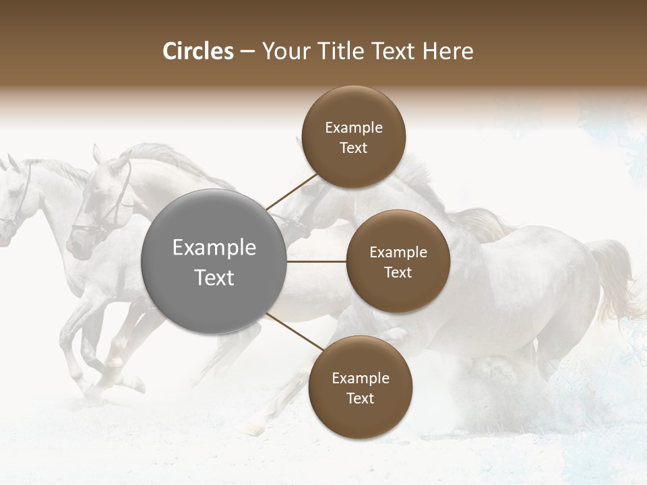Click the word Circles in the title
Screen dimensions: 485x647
click(x=197, y=51)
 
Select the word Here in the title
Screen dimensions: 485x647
click(x=448, y=51)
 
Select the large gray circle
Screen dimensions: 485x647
click(x=214, y=261)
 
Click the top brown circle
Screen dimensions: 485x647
click(x=354, y=137)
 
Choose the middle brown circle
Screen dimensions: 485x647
click(x=398, y=261)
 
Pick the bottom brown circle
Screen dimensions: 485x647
click(x=360, y=387)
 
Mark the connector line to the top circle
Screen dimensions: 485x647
click(x=291, y=191)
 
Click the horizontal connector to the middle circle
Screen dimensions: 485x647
click(x=316, y=261)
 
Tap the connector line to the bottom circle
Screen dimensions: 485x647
click(x=294, y=331)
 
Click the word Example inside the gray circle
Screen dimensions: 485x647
click(x=214, y=248)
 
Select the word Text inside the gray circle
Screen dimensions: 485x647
click(x=214, y=278)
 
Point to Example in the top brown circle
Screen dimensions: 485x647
click(x=354, y=128)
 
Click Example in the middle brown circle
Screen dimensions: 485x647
click(x=398, y=253)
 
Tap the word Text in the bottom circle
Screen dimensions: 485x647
click(x=360, y=399)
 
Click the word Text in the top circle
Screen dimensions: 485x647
click(x=354, y=148)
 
